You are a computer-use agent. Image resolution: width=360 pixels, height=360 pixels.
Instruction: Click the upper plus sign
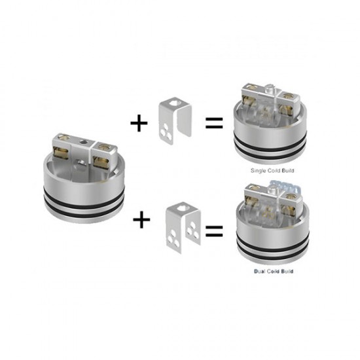click(x=139, y=123)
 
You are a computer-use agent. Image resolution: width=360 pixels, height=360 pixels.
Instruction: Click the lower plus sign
click(x=141, y=219)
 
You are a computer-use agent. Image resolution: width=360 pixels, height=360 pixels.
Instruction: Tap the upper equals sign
click(x=214, y=123)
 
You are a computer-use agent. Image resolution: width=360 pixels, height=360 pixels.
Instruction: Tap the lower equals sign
click(x=214, y=231)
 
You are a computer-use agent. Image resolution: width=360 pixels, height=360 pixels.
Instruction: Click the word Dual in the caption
click(x=259, y=271)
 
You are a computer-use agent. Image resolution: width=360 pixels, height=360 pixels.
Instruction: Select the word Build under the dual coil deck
click(x=287, y=271)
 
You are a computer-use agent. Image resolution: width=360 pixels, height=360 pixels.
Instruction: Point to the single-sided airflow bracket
click(x=175, y=120)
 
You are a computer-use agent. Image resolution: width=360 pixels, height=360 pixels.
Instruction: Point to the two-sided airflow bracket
click(x=183, y=227)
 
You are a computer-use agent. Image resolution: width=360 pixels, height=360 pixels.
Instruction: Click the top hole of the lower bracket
click(x=183, y=207)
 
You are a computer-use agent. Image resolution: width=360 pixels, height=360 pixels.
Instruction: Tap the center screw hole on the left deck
click(x=83, y=143)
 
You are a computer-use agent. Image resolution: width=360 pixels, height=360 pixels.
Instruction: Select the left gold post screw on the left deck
click(x=62, y=137)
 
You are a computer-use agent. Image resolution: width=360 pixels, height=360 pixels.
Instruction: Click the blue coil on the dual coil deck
click(x=285, y=185)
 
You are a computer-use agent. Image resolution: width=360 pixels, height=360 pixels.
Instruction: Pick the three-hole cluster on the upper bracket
click(x=166, y=134)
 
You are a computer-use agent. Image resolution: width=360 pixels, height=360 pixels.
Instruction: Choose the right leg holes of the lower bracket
click(x=192, y=230)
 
